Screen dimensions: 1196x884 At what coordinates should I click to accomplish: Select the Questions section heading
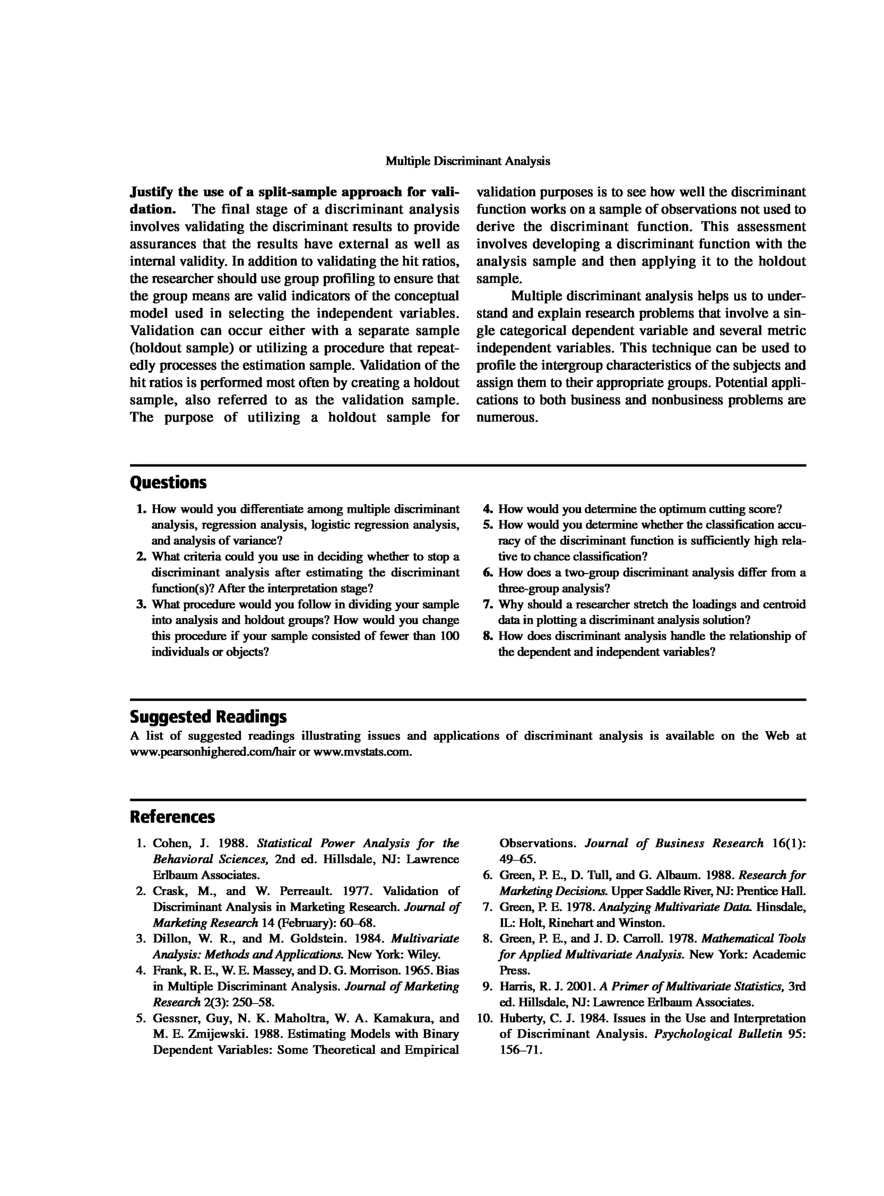coord(168,483)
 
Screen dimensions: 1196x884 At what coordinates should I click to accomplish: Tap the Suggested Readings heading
coord(208,716)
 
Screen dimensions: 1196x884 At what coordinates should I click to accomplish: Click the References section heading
coord(172,817)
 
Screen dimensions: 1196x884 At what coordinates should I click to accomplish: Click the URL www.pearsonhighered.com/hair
coord(213,752)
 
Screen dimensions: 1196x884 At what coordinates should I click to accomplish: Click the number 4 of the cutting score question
coord(487,509)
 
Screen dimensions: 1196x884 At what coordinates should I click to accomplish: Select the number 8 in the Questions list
coord(487,636)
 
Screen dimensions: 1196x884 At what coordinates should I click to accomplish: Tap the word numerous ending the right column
coord(507,418)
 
